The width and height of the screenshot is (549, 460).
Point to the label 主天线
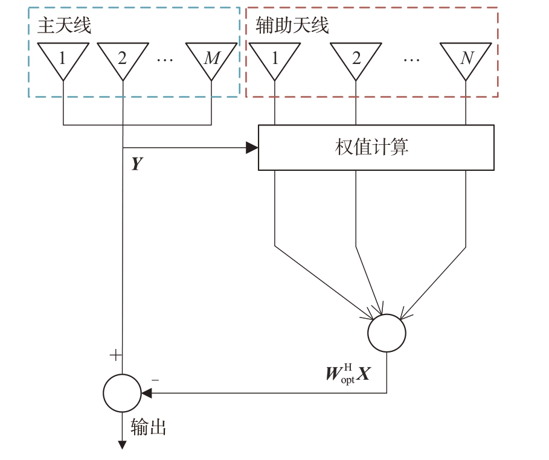tap(64, 25)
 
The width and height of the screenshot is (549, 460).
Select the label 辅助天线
tap(292, 25)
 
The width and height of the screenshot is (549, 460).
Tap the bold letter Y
tap(137, 164)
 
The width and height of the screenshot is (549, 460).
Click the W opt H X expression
tap(348, 374)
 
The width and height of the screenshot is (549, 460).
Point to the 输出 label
tap(148, 427)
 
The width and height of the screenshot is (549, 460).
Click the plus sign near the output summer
tap(115, 356)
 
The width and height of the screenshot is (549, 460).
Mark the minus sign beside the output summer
tap(155, 380)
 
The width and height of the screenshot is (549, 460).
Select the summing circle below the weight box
tap(387, 333)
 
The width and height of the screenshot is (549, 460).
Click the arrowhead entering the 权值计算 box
tap(252, 148)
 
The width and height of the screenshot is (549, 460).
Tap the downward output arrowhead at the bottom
tap(122, 445)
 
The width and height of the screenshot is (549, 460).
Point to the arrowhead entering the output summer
tap(146, 393)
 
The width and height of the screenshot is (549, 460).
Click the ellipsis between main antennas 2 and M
tap(165, 60)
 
